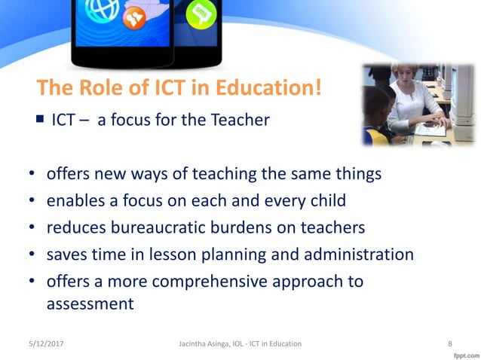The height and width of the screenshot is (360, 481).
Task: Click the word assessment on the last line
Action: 90,304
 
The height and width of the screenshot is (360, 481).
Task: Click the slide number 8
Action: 449,343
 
